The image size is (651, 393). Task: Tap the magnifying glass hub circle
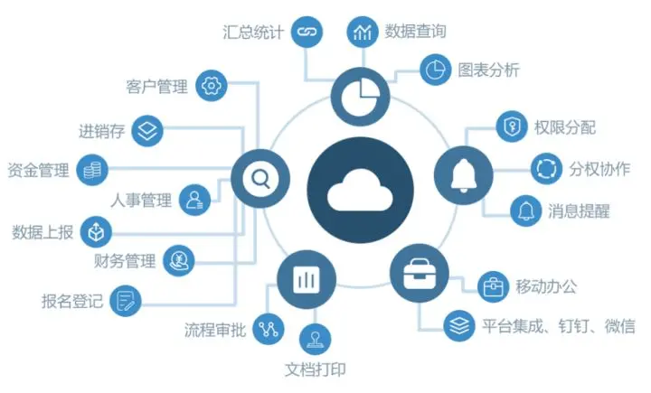(x=259, y=178)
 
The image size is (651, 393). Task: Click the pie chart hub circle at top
(x=360, y=94)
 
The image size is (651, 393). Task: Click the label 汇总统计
(x=253, y=33)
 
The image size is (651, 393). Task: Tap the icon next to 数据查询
(x=363, y=33)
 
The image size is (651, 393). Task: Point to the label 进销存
(x=99, y=132)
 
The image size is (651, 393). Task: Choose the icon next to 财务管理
(x=178, y=262)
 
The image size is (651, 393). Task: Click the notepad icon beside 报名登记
(x=127, y=300)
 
